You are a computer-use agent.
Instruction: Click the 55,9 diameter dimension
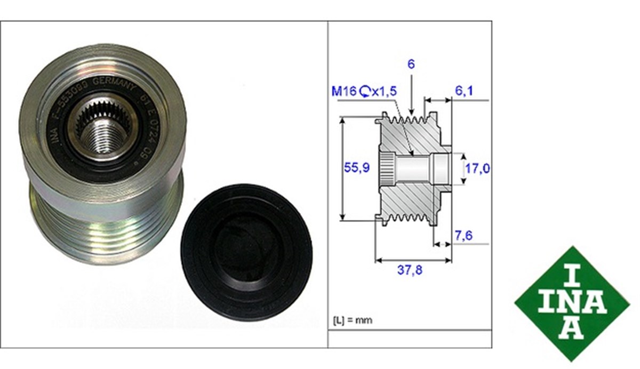tap(356, 168)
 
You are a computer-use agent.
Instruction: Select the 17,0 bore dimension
tap(478, 169)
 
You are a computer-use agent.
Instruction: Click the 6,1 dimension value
tap(463, 91)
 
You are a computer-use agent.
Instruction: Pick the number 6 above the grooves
tap(410, 64)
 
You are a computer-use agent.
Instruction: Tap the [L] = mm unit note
tap(353, 320)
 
